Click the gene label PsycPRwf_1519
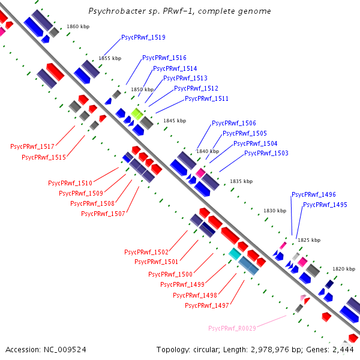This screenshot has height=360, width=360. coord(143,37)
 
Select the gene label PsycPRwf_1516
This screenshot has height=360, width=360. coord(164,58)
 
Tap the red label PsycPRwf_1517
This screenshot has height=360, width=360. coord(32,146)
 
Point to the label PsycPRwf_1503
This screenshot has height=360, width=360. coord(266,154)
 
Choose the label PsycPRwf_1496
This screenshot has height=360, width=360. coord(313,195)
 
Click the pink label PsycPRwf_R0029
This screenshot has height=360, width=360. coord(232,328)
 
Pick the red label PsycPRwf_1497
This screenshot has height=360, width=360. coord(207,305)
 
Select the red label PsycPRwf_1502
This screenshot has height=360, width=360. coord(146,252)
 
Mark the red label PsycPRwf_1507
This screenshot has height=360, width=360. coord(103,214)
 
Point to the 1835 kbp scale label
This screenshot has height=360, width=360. coord(241,181)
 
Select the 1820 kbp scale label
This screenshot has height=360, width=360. coord(344,269)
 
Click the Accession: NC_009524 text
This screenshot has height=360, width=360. coord(46,349)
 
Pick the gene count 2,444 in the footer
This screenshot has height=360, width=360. coord(344,349)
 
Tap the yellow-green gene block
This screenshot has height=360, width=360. coord(137,114)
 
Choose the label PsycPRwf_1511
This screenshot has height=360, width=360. coord(206,99)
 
